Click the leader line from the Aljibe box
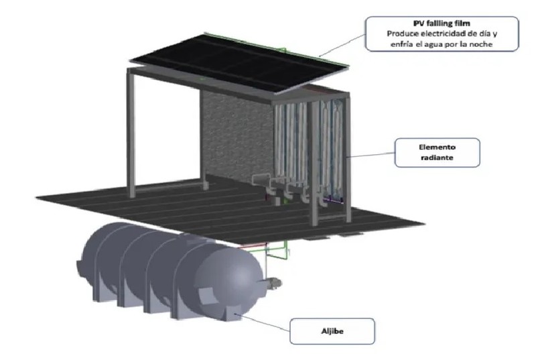pyautogui.click(x=261, y=320)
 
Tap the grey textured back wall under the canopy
pyautogui.click(x=234, y=134)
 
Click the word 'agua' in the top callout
pyautogui.click(x=438, y=44)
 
